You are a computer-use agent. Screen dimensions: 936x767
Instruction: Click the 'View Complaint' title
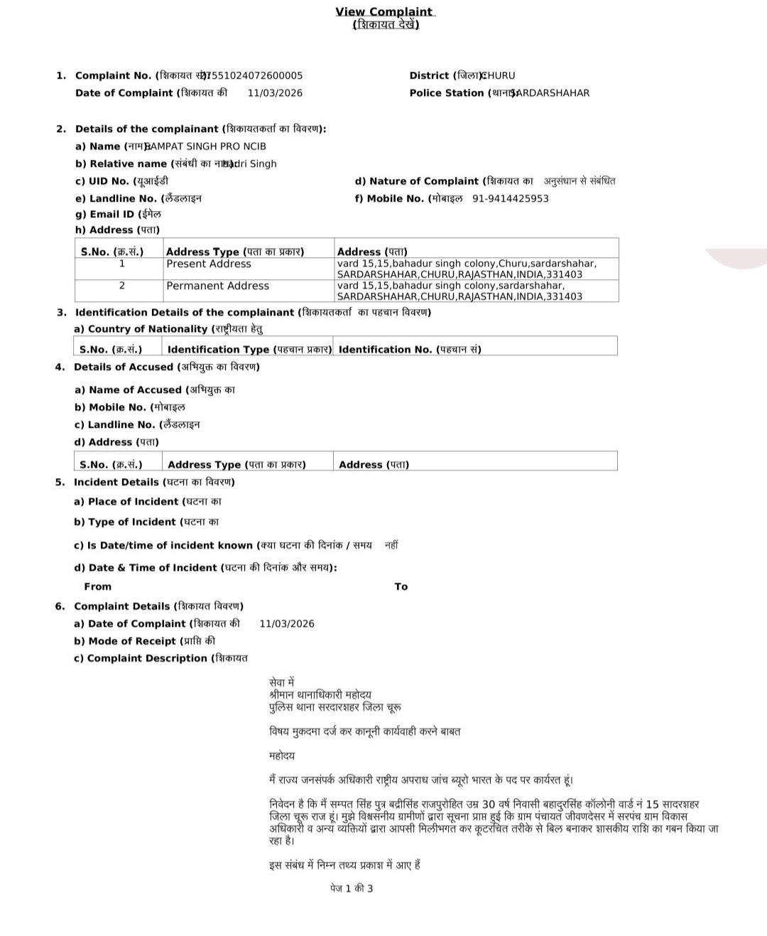pyautogui.click(x=384, y=11)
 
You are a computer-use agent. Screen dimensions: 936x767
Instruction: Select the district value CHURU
pyautogui.click(x=499, y=75)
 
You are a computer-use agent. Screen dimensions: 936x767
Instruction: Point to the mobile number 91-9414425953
pyautogui.click(x=510, y=199)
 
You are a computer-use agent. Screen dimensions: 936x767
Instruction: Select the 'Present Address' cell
pyautogui.click(x=209, y=264)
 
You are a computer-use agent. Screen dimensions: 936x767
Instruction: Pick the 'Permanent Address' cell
pyautogui.click(x=217, y=286)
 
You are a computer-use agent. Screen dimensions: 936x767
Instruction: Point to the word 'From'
pyautogui.click(x=97, y=587)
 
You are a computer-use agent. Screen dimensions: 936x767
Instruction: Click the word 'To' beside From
pyautogui.click(x=401, y=587)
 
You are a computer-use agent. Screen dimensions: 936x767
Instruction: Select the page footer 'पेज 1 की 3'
pyautogui.click(x=352, y=888)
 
